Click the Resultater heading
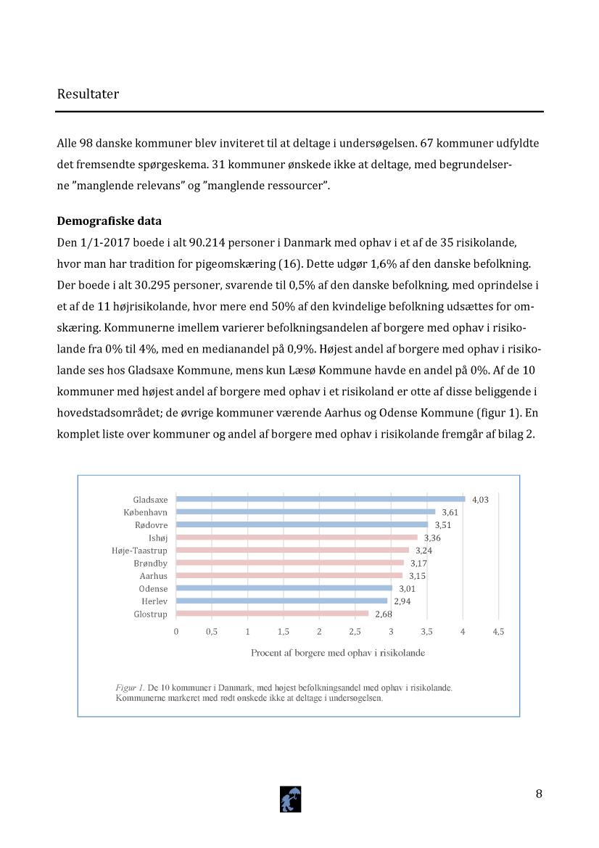coord(88,94)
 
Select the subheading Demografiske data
coord(109,221)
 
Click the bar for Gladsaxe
coord(320,499)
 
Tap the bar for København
coord(305,511)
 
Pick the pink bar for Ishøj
coord(297,538)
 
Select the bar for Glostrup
coord(272,614)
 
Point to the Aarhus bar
coord(289,575)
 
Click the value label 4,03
coord(480,500)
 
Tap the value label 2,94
coord(402,601)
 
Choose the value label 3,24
coord(424,551)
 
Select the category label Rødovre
coord(151,525)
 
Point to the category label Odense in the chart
coord(153,588)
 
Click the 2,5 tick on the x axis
coord(355,632)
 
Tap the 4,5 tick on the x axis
coord(498,632)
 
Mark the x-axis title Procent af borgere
coord(337,653)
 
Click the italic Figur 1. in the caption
coord(131,686)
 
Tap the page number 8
coord(539,793)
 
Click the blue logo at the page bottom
coord(290,799)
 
